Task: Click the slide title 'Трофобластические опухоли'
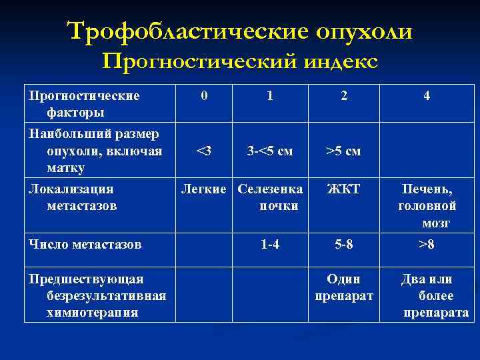[240, 31]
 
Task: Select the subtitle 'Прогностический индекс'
[240, 62]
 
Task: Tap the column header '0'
[204, 96]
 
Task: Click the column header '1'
[269, 96]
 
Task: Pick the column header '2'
[343, 97]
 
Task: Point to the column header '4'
[427, 97]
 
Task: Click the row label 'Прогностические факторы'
[84, 103]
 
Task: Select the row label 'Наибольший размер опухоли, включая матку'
[94, 150]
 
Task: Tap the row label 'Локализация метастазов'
[71, 197]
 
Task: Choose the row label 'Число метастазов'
[85, 245]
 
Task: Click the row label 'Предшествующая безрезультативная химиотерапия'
[97, 295]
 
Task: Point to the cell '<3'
[204, 151]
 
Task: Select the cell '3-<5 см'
[269, 151]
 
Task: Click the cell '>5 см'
[343, 151]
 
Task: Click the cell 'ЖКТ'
[343, 189]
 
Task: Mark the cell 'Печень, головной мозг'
[427, 206]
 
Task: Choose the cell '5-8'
[343, 245]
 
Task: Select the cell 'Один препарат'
[343, 287]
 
